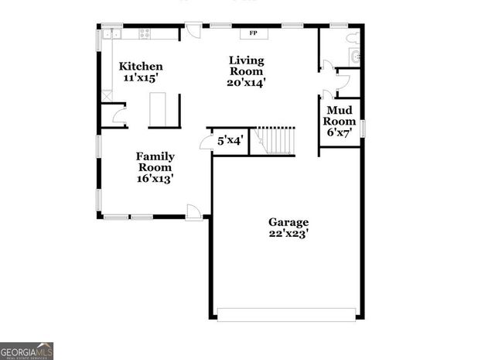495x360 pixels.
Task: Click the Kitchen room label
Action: pos(141,67)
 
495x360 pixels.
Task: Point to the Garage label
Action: pos(288,221)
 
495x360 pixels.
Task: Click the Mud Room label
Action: pos(340,115)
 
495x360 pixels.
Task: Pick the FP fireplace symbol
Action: pos(253,33)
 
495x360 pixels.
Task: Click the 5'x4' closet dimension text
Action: pos(230,141)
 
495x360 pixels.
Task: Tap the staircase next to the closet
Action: pos(276,140)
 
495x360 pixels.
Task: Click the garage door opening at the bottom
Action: pos(286,314)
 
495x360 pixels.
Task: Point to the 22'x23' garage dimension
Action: pos(288,233)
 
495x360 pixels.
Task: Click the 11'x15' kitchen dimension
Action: pos(141,78)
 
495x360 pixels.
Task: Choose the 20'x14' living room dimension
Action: pos(247,83)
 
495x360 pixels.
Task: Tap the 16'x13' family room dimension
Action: pos(155,178)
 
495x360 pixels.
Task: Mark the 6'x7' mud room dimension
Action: pos(340,132)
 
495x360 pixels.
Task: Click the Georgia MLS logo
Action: pos(26,351)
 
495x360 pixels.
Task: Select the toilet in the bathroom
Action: pos(353,36)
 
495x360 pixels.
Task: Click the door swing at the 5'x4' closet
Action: pos(207,142)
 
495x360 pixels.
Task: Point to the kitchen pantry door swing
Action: pos(118,115)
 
